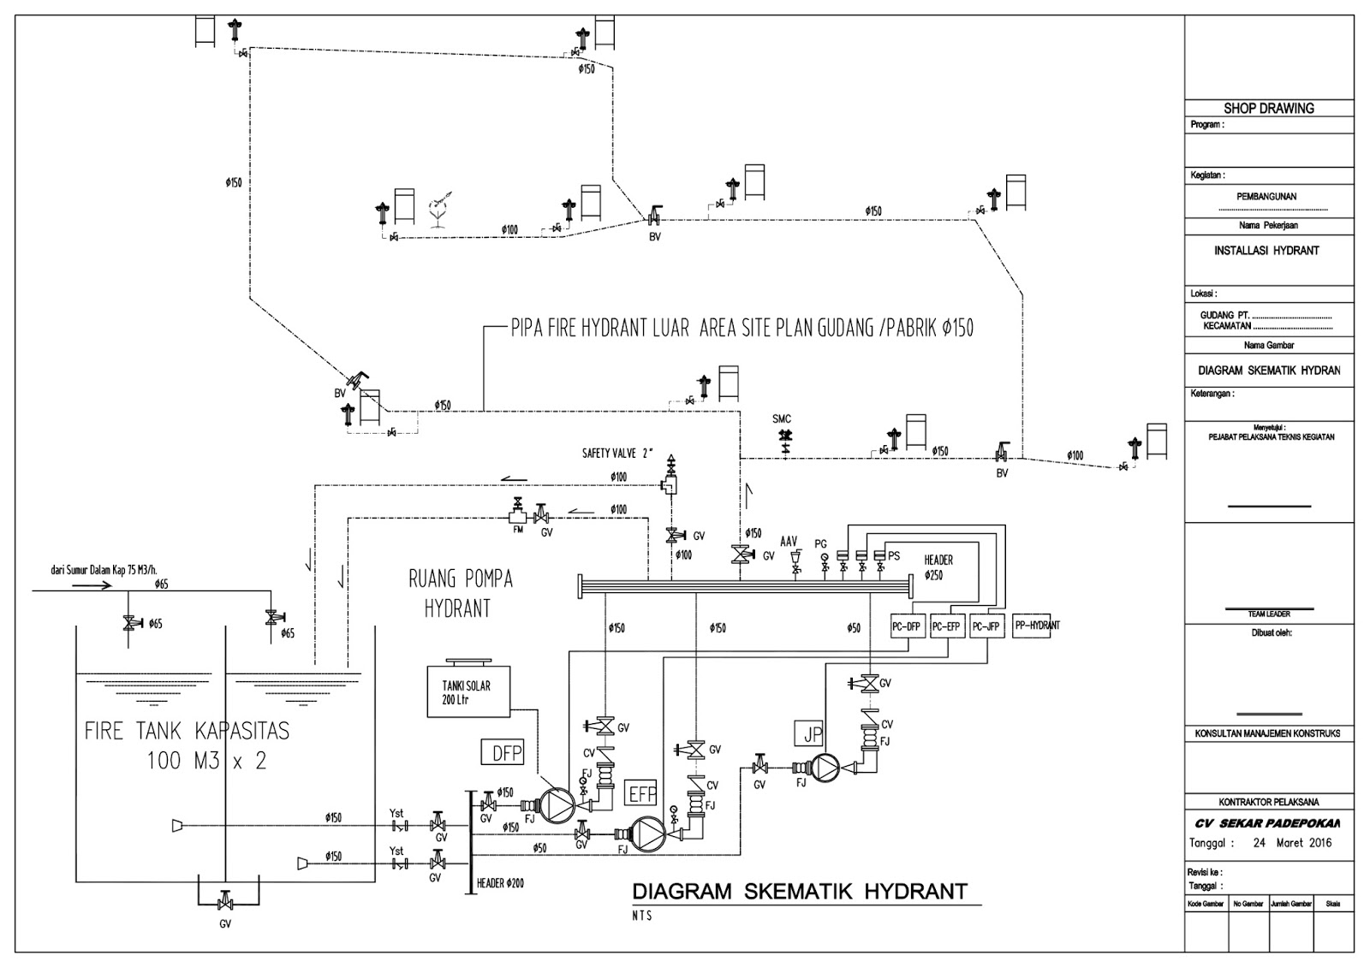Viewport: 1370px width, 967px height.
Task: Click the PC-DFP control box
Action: (907, 626)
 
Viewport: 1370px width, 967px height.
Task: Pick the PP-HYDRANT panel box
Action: (1036, 626)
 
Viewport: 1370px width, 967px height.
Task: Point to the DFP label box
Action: (501, 752)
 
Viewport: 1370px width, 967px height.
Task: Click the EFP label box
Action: (642, 793)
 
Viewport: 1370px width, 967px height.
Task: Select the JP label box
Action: (813, 733)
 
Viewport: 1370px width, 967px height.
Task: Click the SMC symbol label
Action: (782, 419)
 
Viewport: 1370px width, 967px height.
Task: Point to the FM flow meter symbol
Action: (517, 516)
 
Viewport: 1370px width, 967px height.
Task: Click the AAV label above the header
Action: (789, 543)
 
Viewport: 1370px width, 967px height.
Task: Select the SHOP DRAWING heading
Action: (1268, 109)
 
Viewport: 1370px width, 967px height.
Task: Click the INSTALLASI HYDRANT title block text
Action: (1266, 251)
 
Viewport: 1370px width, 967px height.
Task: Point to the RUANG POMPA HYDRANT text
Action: (460, 593)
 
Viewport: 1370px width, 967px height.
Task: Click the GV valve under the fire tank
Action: (225, 903)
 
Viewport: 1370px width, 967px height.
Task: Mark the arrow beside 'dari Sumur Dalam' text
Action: (90, 585)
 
